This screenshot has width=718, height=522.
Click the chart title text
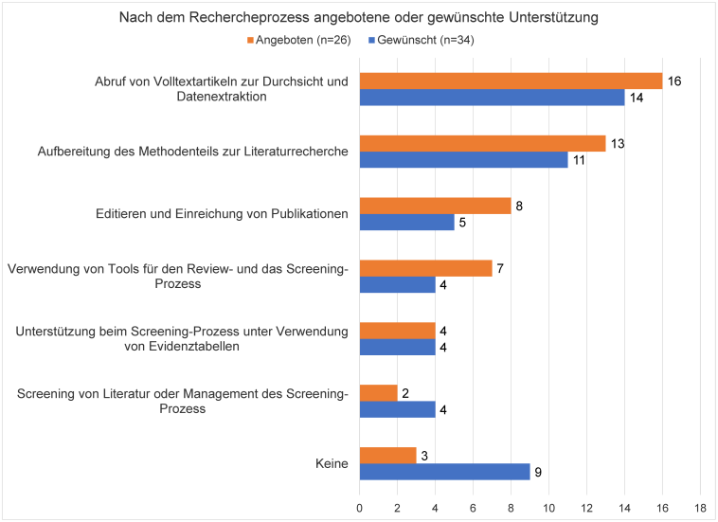(x=359, y=18)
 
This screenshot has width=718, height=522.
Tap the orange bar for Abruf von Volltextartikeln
(x=511, y=81)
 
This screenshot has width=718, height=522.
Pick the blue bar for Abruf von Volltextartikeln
(x=492, y=98)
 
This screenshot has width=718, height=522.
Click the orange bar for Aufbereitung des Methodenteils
(x=482, y=142)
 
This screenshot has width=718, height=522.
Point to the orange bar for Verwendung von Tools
(x=425, y=267)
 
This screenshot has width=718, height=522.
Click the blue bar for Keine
(x=444, y=471)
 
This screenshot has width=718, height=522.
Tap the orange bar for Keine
(x=387, y=454)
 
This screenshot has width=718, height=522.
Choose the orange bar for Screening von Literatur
(x=378, y=392)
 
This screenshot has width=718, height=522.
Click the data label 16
(x=673, y=81)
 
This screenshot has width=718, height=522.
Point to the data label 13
(x=617, y=142)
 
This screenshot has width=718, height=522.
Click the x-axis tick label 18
(x=700, y=509)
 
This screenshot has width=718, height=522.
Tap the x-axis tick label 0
(x=359, y=509)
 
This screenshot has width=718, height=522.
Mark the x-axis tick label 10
(x=548, y=509)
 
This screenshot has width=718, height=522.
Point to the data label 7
(x=500, y=267)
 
